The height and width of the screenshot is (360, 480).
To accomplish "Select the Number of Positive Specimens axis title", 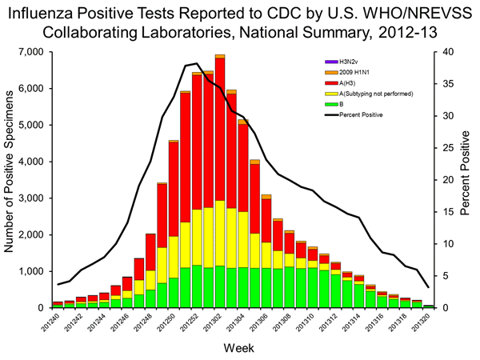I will [10, 180].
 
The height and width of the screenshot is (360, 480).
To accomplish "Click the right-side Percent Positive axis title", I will [466, 180].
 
